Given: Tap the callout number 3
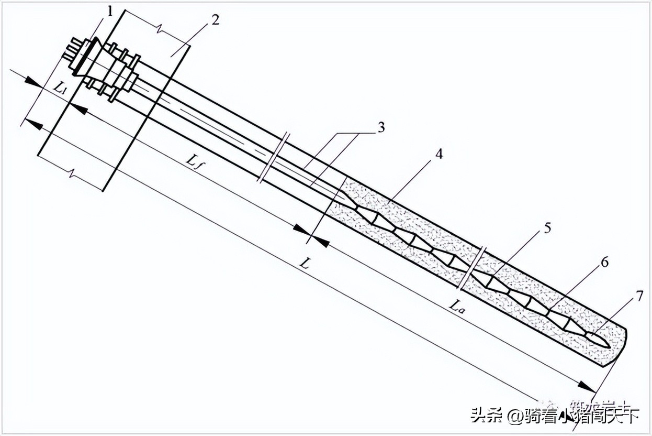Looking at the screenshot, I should coord(381,127).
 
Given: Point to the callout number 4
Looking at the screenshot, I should coord(439,155).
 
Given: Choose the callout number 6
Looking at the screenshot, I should coord(604,262).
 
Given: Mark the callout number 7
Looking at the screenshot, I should coord(638,296).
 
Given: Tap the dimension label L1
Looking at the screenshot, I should coord(58,88).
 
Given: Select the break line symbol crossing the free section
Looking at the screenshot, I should coord(273,157).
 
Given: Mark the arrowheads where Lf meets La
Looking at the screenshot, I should coord(311,234).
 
